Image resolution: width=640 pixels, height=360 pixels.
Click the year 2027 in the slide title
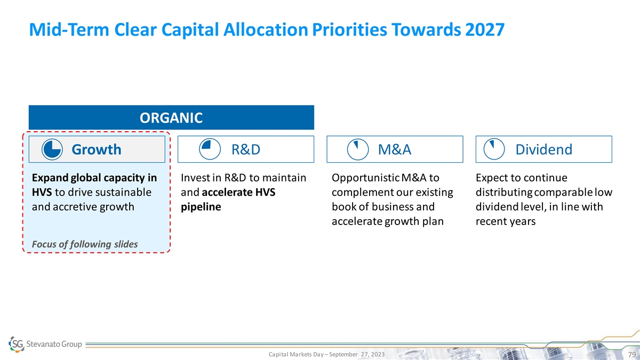click(485, 29)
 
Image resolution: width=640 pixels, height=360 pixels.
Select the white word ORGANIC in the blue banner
click(171, 118)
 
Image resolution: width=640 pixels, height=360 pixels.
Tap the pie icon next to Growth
click(52, 149)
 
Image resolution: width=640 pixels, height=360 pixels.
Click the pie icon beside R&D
click(210, 149)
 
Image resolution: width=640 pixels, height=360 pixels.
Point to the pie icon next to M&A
click(358, 149)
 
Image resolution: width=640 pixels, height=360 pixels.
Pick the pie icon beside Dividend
click(494, 149)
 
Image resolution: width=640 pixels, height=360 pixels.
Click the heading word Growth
click(97, 149)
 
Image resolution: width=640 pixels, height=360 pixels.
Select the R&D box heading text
click(246, 149)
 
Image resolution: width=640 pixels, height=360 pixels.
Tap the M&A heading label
click(395, 149)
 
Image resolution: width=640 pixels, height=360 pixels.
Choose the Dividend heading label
click(543, 149)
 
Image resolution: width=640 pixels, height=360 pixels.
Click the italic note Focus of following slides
click(85, 244)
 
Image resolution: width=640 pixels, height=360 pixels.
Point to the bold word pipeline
click(201, 207)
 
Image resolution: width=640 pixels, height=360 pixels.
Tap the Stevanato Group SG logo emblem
click(17, 344)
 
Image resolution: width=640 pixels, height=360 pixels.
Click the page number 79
click(631, 355)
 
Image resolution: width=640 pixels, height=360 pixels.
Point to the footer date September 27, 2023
click(357, 354)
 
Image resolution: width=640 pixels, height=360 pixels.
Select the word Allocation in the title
click(266, 29)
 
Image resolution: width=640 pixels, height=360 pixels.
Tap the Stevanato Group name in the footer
click(54, 344)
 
